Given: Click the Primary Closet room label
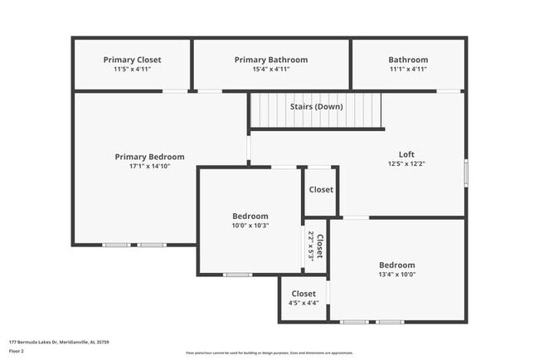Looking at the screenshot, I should click(132, 60).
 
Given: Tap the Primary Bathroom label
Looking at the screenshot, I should click(271, 60).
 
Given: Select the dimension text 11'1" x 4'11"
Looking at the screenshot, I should click(408, 70).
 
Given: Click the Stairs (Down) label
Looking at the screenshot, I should click(316, 106).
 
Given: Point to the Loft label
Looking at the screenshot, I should click(406, 154).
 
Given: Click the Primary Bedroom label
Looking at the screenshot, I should click(149, 157).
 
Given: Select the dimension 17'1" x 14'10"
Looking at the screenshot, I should click(149, 167).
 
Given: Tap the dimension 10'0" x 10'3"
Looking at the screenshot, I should click(250, 226).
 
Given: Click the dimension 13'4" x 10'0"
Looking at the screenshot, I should click(396, 275).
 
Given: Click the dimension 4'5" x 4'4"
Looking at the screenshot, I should click(303, 304).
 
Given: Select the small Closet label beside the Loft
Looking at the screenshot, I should click(321, 190).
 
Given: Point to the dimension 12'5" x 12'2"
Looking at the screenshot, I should click(406, 164).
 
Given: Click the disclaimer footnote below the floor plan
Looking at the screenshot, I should click(269, 353).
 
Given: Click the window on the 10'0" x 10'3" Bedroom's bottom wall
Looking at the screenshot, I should click(238, 275).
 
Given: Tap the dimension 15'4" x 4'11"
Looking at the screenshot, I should click(271, 70).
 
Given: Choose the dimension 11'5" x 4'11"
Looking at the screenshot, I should click(132, 70).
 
